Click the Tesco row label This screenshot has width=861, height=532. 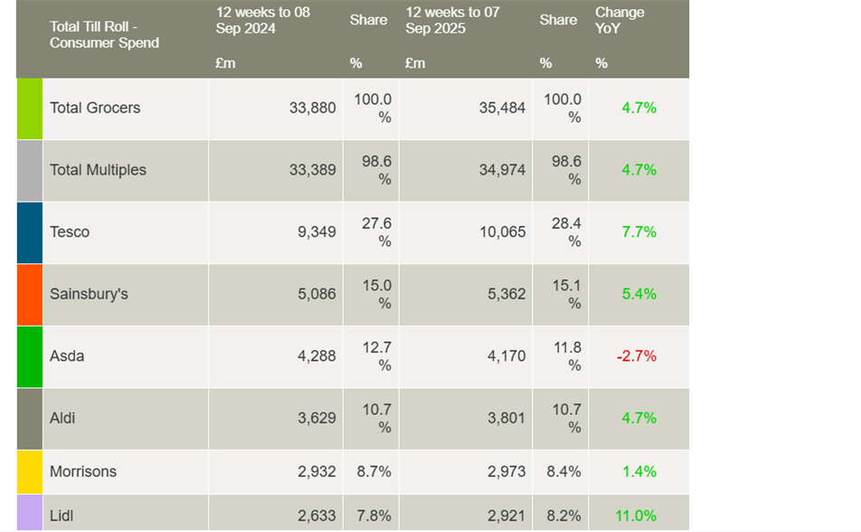(x=70, y=232)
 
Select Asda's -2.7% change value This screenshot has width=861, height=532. (x=637, y=356)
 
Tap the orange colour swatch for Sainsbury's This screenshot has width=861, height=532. (x=29, y=294)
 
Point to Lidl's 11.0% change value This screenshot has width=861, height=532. (x=636, y=516)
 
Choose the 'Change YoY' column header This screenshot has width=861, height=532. (x=620, y=20)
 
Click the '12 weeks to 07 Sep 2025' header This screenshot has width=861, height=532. (x=454, y=20)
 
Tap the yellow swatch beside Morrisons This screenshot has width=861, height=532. (x=29, y=471)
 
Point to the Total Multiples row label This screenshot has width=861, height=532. (x=98, y=170)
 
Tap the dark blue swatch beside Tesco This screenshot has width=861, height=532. (x=29, y=232)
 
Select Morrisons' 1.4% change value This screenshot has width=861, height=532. (x=639, y=471)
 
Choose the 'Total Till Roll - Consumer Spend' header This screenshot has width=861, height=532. (x=104, y=34)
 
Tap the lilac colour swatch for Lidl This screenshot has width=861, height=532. (x=29, y=514)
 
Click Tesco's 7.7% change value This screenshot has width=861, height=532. (x=639, y=232)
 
